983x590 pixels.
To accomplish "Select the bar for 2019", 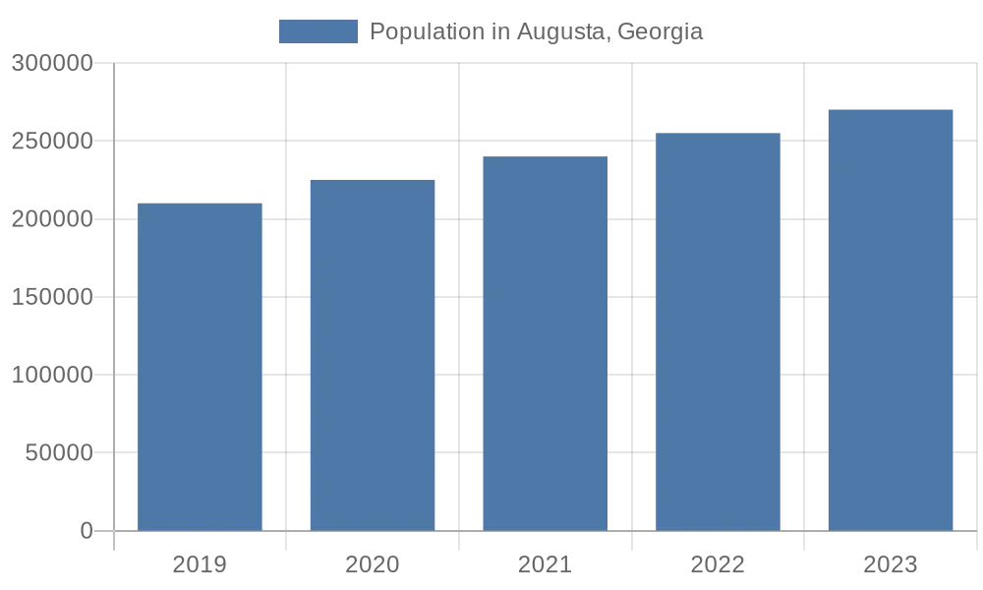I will pyautogui.click(x=200, y=367).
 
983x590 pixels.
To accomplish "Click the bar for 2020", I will pyautogui.click(x=373, y=355).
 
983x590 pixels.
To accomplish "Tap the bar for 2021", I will pyautogui.click(x=545, y=343).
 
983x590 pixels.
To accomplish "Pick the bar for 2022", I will pyautogui.click(x=718, y=331).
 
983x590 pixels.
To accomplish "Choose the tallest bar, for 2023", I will pyautogui.click(x=891, y=320).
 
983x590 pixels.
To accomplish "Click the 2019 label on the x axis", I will pyautogui.click(x=200, y=564).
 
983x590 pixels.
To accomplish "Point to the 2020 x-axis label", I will pyautogui.click(x=373, y=564).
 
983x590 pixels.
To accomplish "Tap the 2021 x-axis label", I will pyautogui.click(x=545, y=564).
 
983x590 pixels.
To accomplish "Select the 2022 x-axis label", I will pyautogui.click(x=718, y=564).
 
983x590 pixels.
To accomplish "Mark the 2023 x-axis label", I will pyautogui.click(x=891, y=564).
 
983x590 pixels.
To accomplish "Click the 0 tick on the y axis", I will pyautogui.click(x=87, y=531).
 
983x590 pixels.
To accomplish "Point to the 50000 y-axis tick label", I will pyautogui.click(x=60, y=453).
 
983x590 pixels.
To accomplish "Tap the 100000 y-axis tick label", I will pyautogui.click(x=54, y=375).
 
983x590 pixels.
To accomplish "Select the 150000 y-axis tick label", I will pyautogui.click(x=54, y=297).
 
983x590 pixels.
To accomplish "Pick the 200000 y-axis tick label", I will pyautogui.click(x=54, y=219).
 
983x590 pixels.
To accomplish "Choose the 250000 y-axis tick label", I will pyautogui.click(x=54, y=142).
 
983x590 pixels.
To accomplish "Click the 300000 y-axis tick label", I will pyautogui.click(x=54, y=64).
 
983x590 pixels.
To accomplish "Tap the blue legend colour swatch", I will pyautogui.click(x=318, y=31).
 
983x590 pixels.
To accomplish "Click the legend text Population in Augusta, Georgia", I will pyautogui.click(x=536, y=31).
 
